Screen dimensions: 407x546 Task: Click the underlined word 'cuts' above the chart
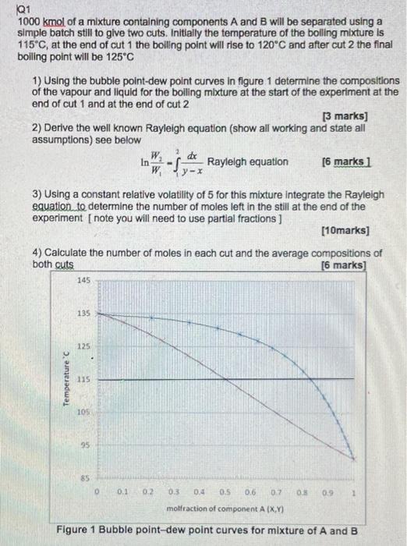[65, 264]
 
